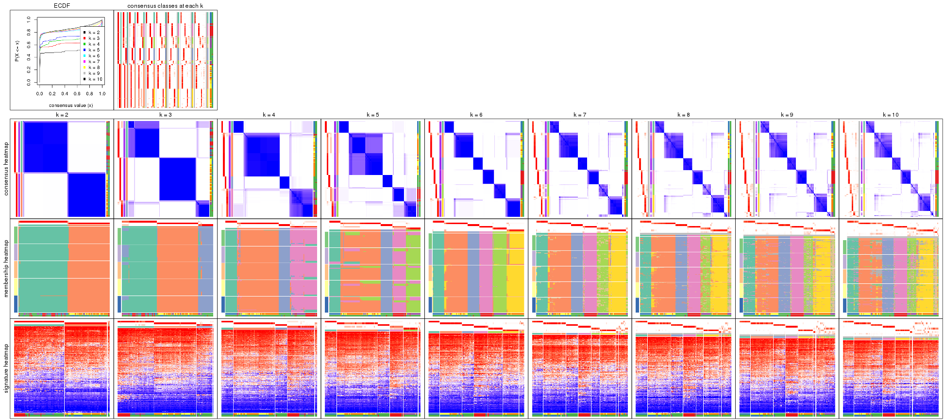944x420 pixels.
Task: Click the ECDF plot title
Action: (x=62, y=6)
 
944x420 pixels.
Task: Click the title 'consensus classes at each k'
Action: (x=165, y=6)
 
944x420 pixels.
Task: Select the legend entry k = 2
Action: (x=94, y=33)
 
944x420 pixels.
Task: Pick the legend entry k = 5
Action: (x=94, y=50)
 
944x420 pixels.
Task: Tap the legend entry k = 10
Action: (x=95, y=79)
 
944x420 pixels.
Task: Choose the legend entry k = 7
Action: (x=94, y=62)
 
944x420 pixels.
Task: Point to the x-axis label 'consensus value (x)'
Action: (x=71, y=105)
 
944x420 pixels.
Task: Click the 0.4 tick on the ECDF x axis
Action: (x=65, y=94)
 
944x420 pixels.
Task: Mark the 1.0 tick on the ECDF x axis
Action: (x=102, y=94)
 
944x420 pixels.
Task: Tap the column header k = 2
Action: (x=62, y=115)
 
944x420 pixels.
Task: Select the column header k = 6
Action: (x=476, y=115)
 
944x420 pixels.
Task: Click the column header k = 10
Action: (x=891, y=115)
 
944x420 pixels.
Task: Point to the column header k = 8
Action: (x=683, y=115)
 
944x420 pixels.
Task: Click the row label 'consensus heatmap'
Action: (x=6, y=169)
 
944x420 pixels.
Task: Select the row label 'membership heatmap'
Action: (x=6, y=268)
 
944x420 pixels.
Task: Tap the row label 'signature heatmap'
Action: (x=6, y=368)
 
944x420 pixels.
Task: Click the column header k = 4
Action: (x=269, y=115)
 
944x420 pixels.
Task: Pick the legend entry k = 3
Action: (x=94, y=38)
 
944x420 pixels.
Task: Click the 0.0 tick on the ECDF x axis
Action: (x=39, y=94)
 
